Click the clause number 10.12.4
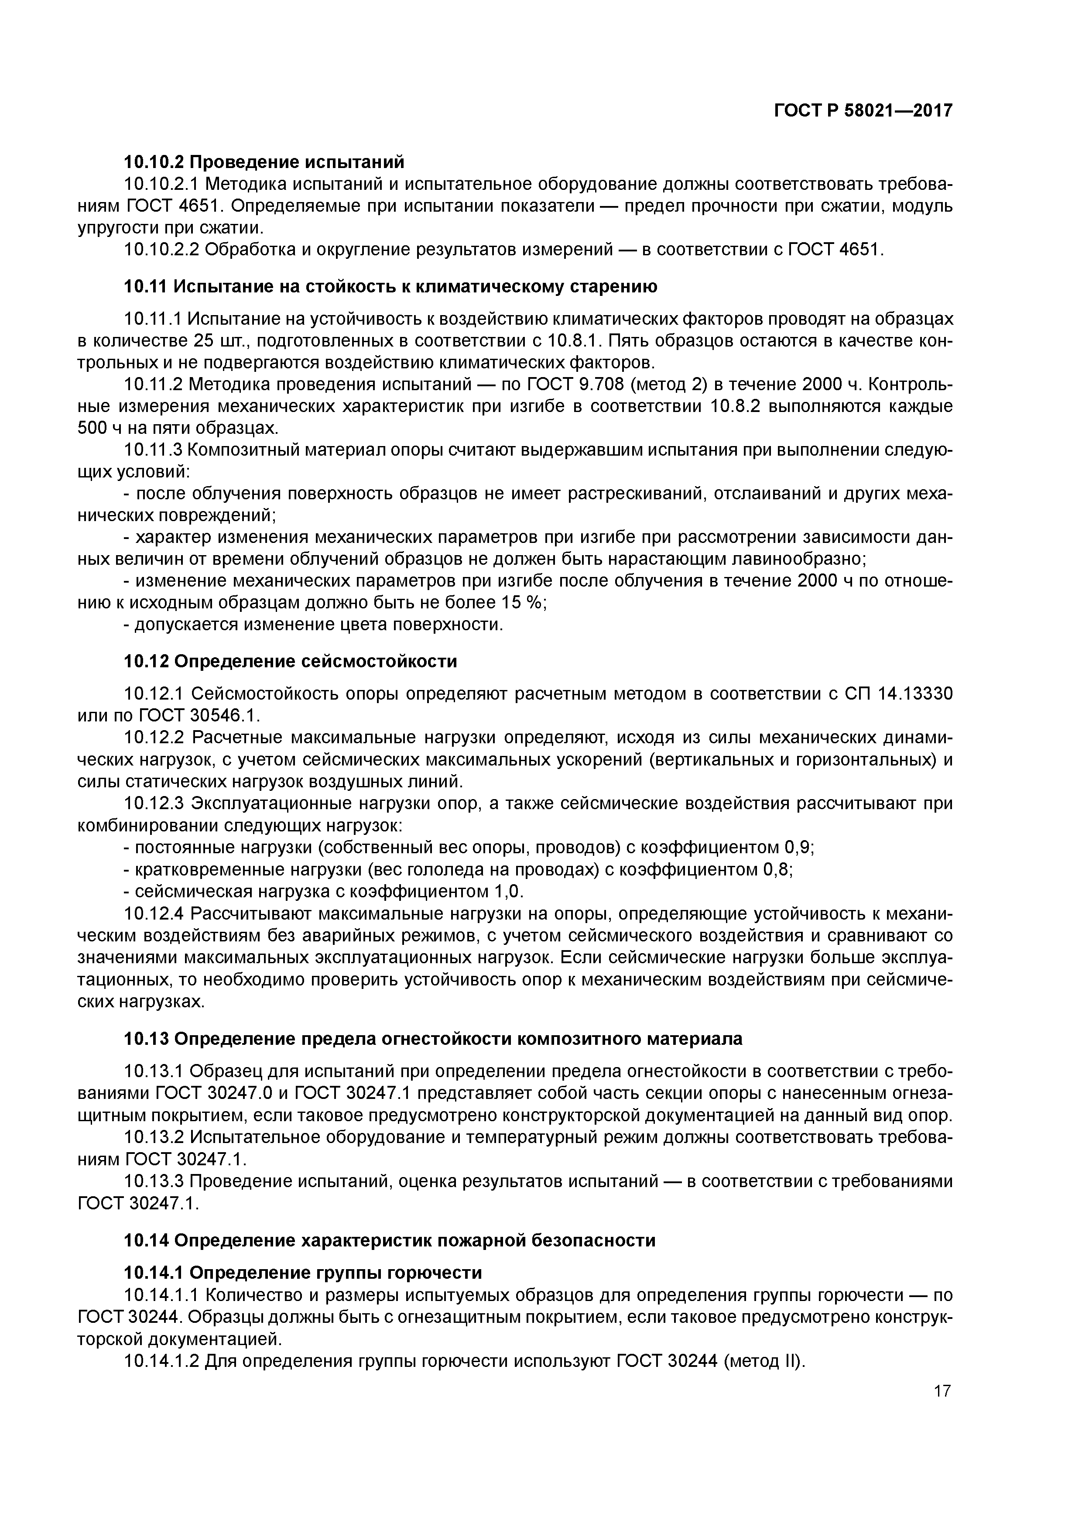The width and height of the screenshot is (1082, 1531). (x=155, y=913)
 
